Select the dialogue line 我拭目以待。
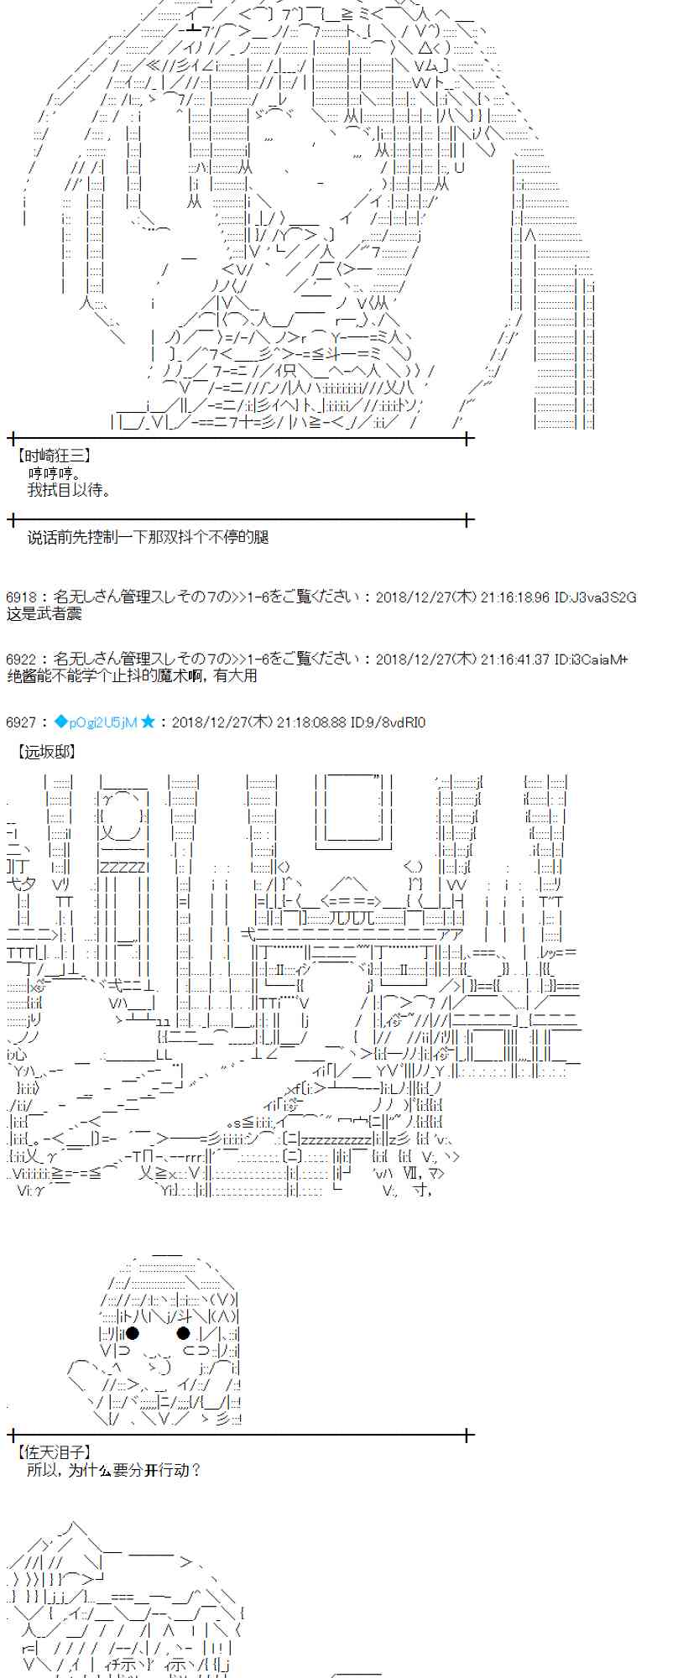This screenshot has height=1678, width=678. click(69, 490)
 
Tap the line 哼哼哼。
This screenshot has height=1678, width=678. click(55, 473)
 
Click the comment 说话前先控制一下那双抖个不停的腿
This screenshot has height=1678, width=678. click(148, 537)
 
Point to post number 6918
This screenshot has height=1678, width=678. click(20, 597)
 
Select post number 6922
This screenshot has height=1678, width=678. click(20, 659)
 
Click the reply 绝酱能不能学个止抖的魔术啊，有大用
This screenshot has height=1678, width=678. click(131, 675)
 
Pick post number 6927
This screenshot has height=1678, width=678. click(20, 722)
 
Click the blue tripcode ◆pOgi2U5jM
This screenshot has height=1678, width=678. click(95, 722)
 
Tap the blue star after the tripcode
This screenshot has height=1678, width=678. click(148, 722)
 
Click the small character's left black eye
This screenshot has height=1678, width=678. click(132, 1332)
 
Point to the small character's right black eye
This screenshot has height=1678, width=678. click(183, 1332)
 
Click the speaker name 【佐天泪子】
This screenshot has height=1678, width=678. click(53, 1451)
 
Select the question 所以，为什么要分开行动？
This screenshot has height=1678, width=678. click(114, 1470)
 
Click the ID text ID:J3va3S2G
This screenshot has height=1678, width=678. click(595, 597)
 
